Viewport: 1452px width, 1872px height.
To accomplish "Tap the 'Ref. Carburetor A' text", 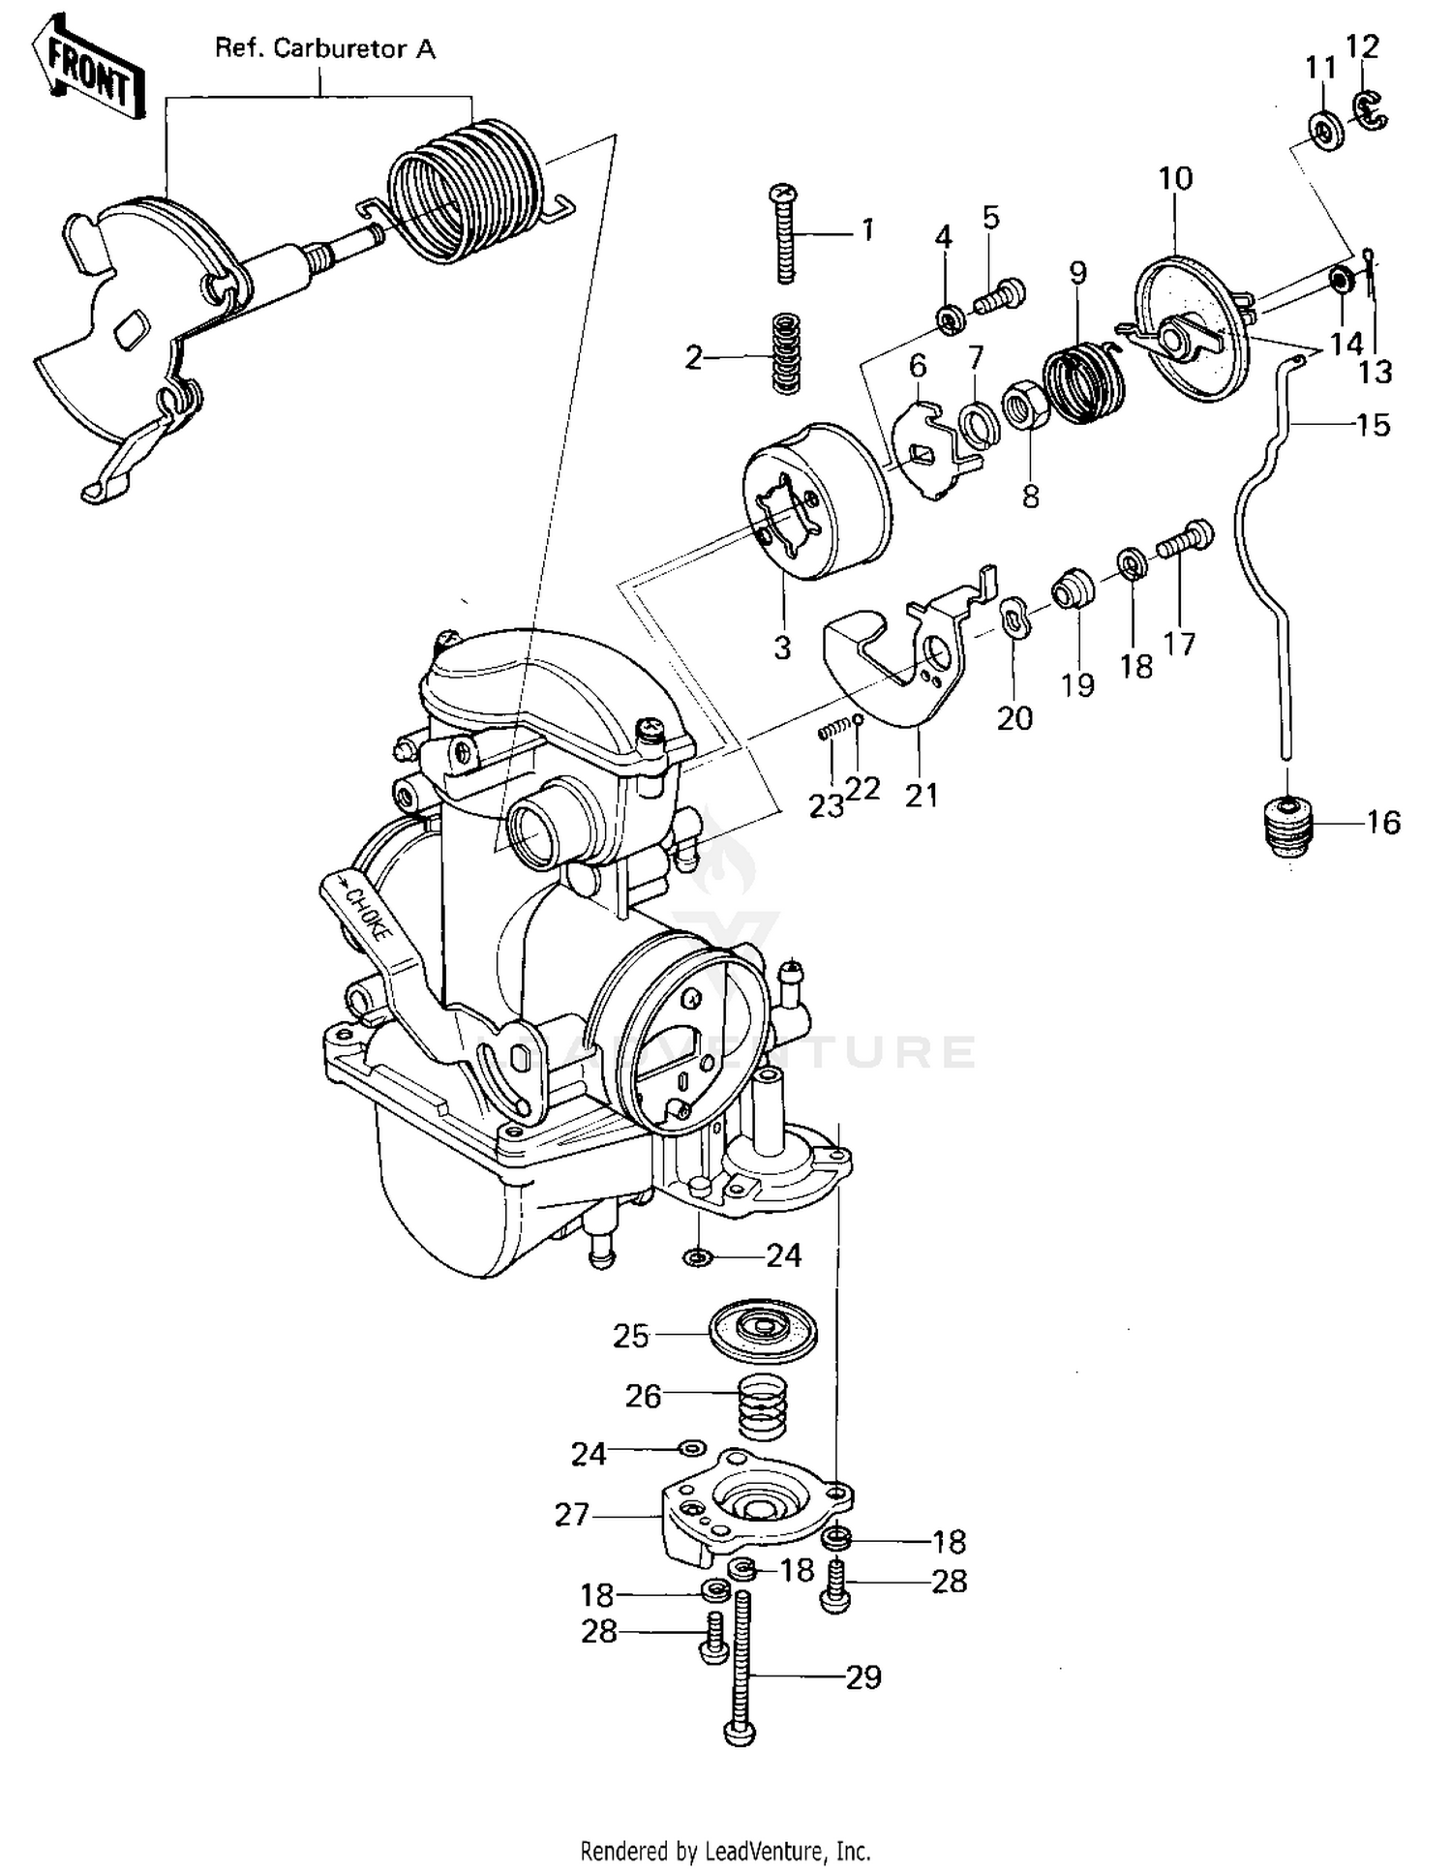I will pos(324,49).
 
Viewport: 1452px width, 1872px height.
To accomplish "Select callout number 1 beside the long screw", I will pos(867,230).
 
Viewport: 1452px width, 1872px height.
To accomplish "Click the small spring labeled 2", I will pos(787,352).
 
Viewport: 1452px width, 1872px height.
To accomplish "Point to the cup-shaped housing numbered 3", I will pos(818,500).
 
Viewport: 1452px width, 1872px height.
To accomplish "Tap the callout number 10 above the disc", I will pos(1175,178).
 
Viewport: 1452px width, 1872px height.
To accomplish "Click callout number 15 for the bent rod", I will pos(1373,425).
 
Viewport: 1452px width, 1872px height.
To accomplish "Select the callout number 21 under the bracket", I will pos(922,795).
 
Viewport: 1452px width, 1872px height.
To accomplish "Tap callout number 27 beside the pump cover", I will pos(572,1514).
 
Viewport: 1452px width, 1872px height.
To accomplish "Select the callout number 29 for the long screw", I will pos(863,1676).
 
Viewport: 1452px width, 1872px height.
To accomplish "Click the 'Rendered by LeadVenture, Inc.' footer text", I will pos(725,1851).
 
